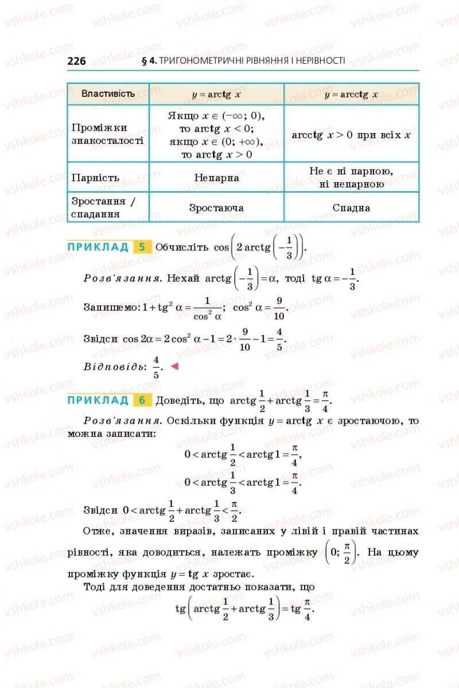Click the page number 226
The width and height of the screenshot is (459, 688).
[77, 61]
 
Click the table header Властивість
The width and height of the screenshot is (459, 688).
[108, 93]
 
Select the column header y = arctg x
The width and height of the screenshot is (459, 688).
[216, 95]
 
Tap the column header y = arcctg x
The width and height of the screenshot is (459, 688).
[351, 95]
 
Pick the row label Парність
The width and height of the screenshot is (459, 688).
[95, 177]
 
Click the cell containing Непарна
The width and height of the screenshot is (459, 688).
[216, 178]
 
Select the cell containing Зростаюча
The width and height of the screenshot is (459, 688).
[216, 208]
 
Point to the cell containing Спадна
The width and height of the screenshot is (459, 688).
[351, 208]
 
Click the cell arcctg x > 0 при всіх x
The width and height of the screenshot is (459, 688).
[351, 135]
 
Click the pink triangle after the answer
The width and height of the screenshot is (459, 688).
[175, 366]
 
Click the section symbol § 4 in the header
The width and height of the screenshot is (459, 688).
[148, 60]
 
